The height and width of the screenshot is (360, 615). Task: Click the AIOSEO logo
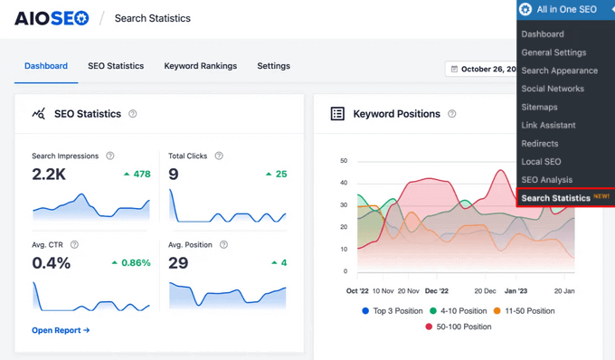tap(52, 17)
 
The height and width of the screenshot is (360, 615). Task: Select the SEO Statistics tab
tap(116, 66)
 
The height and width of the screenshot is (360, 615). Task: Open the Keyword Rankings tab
tap(200, 66)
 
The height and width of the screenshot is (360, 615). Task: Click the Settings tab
tap(273, 66)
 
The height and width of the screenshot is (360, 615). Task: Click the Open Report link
tap(61, 330)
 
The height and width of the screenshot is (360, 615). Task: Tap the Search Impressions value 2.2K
tap(49, 174)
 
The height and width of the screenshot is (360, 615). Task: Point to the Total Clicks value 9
tap(174, 174)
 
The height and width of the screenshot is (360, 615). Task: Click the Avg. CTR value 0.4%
tap(52, 262)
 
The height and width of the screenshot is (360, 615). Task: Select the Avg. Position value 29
tap(178, 262)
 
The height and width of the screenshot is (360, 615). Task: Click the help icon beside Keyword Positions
tap(452, 114)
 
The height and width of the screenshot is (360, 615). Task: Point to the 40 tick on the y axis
tap(344, 183)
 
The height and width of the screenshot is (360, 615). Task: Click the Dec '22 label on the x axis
tap(437, 291)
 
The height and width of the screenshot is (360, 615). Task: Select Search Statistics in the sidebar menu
tap(555, 197)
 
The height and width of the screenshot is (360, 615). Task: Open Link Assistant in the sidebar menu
tap(548, 125)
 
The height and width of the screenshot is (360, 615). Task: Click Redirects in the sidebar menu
tap(539, 143)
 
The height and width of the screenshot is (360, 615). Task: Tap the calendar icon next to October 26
tap(454, 69)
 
